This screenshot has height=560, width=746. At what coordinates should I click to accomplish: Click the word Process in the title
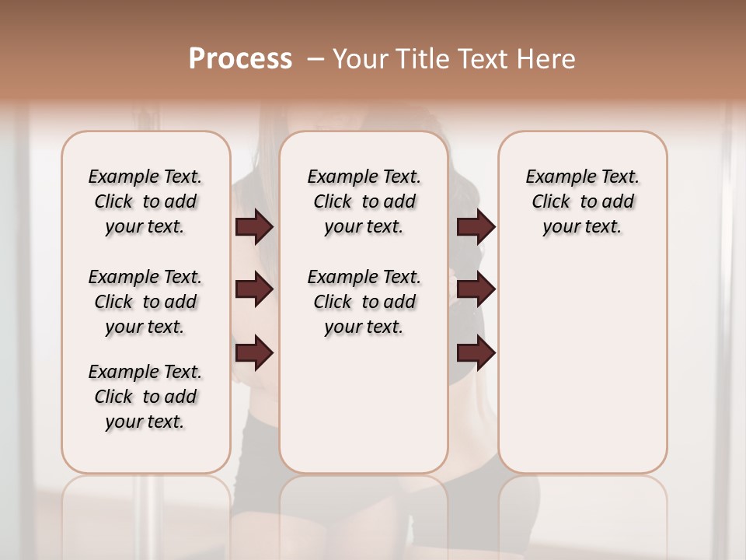click(240, 59)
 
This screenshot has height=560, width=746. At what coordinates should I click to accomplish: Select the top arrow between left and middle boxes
click(254, 226)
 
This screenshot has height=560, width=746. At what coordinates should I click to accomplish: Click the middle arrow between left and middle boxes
click(254, 289)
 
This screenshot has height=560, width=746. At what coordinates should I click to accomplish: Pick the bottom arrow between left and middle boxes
click(254, 353)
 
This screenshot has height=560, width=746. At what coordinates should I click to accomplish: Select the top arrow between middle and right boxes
click(476, 226)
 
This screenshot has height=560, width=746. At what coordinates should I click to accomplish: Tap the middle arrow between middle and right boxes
click(476, 289)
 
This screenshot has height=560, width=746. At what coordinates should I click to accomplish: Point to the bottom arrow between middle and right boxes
click(476, 353)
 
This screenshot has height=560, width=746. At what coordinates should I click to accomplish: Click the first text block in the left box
click(145, 201)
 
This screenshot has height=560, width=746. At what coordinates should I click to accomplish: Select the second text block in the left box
click(145, 302)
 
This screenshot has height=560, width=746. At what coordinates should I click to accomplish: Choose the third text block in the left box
click(145, 397)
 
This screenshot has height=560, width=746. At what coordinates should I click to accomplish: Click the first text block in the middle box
click(364, 201)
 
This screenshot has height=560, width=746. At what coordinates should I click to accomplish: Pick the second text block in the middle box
click(364, 302)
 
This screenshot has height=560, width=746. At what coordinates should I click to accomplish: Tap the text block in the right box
click(582, 201)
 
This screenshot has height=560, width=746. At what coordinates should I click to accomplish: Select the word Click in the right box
click(551, 202)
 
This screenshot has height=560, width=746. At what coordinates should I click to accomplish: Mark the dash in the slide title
click(315, 59)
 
